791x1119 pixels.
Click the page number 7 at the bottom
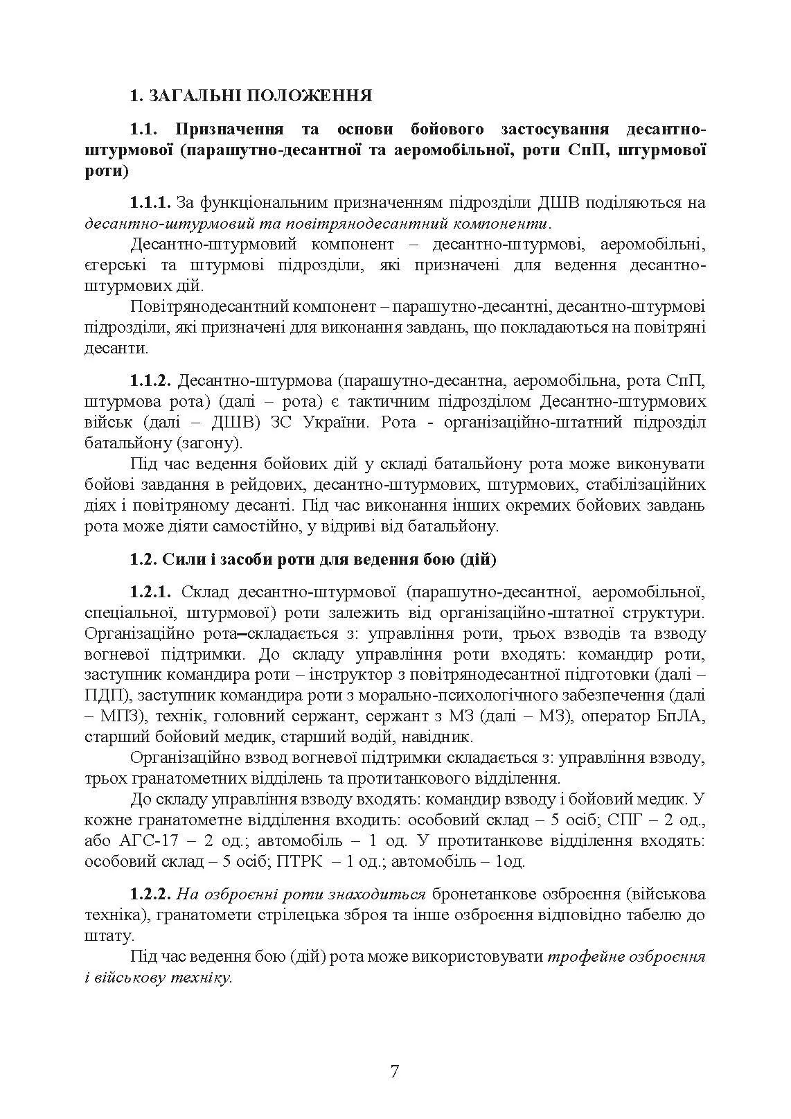(395, 1072)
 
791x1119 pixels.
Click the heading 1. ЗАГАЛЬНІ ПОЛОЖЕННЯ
(251, 96)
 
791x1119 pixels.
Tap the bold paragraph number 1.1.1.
(150, 203)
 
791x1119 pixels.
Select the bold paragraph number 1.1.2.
(150, 381)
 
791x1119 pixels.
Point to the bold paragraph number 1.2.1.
(150, 592)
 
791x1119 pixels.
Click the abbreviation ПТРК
(299, 862)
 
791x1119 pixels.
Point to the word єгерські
(114, 265)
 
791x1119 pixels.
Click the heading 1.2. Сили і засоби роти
(313, 559)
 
